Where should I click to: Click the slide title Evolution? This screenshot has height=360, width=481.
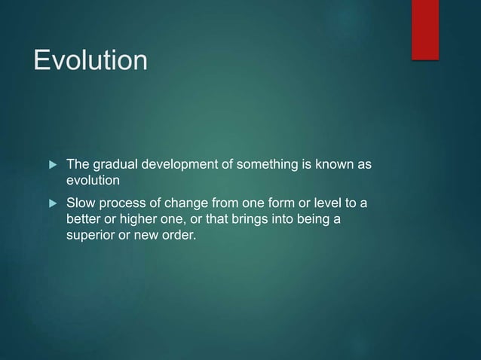pyautogui.click(x=90, y=60)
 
